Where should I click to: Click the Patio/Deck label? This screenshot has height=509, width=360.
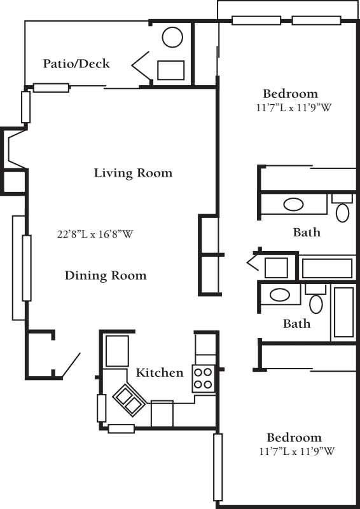point(76,64)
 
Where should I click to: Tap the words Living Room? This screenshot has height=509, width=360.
point(133,173)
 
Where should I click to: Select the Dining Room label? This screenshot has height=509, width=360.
point(106,275)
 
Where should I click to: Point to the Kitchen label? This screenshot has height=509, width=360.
point(160,372)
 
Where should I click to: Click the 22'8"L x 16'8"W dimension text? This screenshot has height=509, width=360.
point(95,234)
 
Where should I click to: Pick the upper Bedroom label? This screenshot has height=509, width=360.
point(291,93)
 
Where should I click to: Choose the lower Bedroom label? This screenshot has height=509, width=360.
point(294,437)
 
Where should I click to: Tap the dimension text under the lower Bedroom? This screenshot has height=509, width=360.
point(297,451)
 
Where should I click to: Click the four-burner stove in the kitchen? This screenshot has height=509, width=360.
point(203,379)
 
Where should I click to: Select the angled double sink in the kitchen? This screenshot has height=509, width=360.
point(128,400)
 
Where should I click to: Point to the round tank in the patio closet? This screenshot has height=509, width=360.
point(172,37)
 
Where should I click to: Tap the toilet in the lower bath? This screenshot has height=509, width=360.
point(316,299)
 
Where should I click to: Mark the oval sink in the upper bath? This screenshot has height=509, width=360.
point(293,205)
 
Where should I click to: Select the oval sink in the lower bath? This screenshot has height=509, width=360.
point(280,295)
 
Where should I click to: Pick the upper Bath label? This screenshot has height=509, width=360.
point(307,232)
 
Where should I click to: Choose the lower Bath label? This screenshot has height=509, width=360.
point(296,323)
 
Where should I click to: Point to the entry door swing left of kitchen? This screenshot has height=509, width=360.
point(71,365)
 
